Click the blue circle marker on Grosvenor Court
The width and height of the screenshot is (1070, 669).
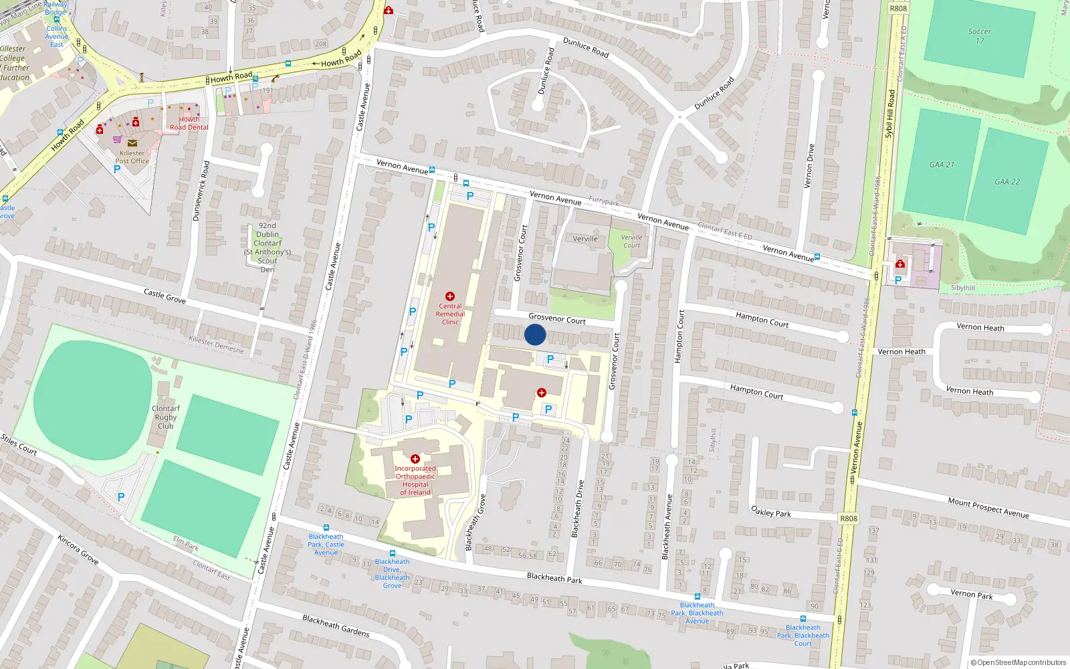[x=535, y=334]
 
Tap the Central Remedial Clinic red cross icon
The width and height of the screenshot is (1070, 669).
[x=450, y=296]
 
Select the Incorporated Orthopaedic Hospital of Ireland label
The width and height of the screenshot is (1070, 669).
[x=415, y=480]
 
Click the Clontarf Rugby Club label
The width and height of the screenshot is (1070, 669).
[x=166, y=417]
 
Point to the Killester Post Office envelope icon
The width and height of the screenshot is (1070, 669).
[x=132, y=142]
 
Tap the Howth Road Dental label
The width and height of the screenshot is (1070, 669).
[x=189, y=124]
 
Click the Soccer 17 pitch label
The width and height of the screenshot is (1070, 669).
[x=980, y=36]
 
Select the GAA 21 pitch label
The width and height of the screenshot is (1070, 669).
[x=942, y=165]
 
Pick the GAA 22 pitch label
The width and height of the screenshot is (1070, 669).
[x=1007, y=182]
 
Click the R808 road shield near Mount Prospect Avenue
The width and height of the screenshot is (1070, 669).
[x=849, y=518]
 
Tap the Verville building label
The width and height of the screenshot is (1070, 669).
[x=585, y=239]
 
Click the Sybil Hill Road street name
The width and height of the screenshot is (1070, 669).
[x=889, y=114]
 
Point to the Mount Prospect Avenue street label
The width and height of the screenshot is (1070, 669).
[x=988, y=507]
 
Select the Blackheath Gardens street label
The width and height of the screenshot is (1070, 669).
[x=336, y=626]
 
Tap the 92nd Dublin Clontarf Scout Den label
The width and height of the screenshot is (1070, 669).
[x=267, y=248]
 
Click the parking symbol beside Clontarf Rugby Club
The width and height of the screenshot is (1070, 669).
[x=121, y=497]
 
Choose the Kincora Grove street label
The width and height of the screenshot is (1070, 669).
[x=78, y=549]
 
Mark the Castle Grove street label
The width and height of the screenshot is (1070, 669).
[x=165, y=296]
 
